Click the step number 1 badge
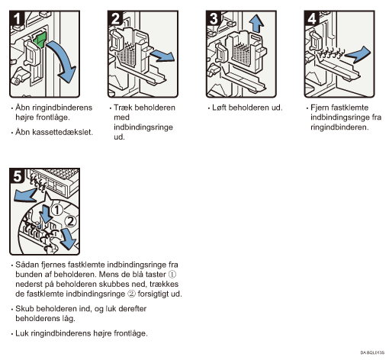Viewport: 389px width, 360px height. click(x=17, y=18)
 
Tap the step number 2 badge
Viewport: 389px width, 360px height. click(x=115, y=18)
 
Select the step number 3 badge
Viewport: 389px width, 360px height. click(x=214, y=18)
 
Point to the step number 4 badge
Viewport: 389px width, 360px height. click(x=312, y=18)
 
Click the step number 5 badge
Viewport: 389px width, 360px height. click(x=17, y=175)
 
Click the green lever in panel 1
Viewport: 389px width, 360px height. click(x=40, y=39)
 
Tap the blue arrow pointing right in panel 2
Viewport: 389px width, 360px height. click(x=162, y=56)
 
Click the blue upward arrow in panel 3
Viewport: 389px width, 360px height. click(x=256, y=24)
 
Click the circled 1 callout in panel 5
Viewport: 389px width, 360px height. click(x=57, y=210)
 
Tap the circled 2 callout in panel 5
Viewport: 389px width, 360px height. click(x=70, y=221)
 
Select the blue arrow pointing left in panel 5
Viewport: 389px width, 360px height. click(x=24, y=195)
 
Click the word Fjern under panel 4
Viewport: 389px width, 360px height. click(x=320, y=108)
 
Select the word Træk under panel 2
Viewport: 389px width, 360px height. click(x=123, y=108)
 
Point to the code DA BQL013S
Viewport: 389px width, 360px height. click(x=372, y=352)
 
